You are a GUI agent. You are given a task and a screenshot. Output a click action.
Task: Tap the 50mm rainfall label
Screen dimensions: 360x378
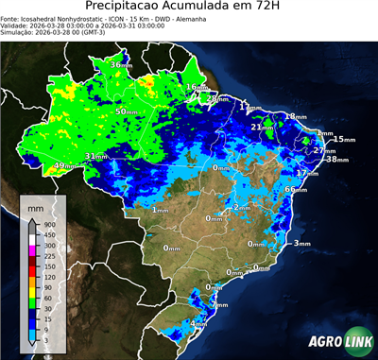127,111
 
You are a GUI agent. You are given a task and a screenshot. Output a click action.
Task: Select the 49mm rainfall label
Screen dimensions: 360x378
65,166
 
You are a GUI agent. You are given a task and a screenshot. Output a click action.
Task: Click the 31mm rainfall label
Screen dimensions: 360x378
95,156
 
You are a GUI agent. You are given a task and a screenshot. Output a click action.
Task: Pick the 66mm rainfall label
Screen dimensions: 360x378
297,189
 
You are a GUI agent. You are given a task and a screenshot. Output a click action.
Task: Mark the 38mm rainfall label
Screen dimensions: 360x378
336,159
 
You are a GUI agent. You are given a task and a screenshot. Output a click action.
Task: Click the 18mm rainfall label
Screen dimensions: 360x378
296,116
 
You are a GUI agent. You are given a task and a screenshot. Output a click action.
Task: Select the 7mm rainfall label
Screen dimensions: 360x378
220,305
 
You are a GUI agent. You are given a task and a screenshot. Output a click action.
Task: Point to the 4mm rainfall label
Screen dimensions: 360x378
199,324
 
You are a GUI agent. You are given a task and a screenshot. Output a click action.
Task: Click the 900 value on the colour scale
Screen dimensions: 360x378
48,224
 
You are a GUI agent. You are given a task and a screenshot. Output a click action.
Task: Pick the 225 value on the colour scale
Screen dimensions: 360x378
48,255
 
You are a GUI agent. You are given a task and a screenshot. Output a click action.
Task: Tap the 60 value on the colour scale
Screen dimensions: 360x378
47,298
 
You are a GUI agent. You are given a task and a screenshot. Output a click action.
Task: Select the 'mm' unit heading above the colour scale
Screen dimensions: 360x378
35,207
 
